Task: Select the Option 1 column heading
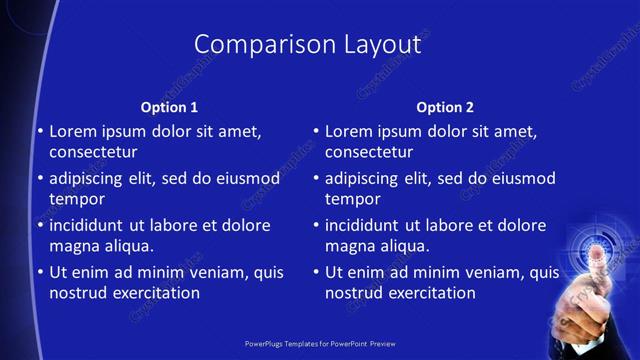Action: [x=169, y=107]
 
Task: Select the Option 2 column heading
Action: [x=445, y=107]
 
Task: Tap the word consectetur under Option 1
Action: [x=93, y=152]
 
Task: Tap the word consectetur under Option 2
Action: [x=369, y=152]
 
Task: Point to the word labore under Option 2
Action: [x=467, y=225]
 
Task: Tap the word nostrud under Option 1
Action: [x=77, y=293]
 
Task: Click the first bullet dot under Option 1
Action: [x=40, y=131]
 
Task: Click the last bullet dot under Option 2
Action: [x=316, y=272]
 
